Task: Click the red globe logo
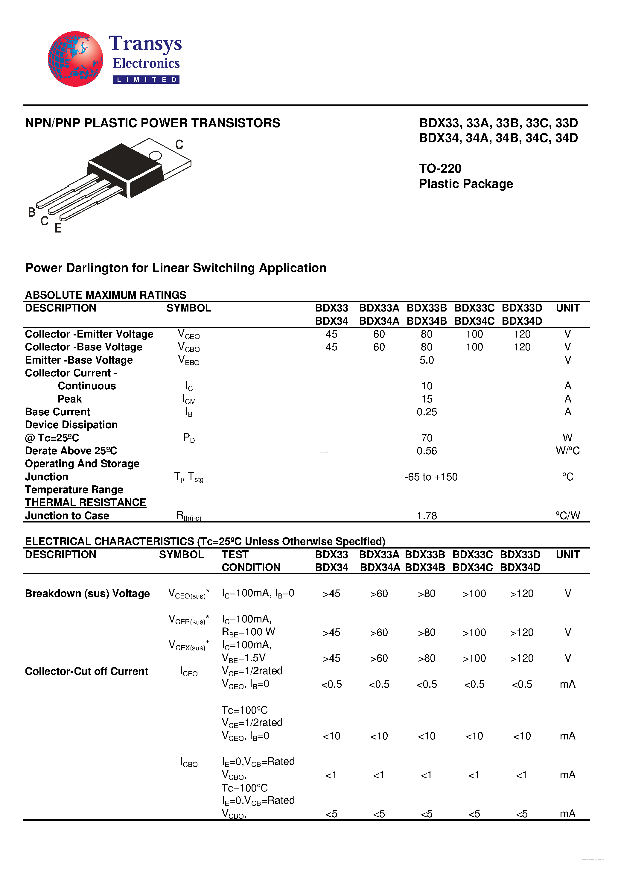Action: pos(75,59)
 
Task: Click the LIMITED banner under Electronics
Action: pos(146,80)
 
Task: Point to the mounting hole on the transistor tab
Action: pos(155,156)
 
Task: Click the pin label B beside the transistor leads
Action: pos(32,212)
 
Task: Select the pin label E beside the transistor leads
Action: pos(58,228)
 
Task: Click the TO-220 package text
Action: pos(440,168)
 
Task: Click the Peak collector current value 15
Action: pos(427,399)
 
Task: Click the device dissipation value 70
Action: pos(427,438)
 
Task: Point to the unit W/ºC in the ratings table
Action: pos(567,451)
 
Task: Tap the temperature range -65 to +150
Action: pos(431,477)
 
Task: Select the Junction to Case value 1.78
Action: pos(427,516)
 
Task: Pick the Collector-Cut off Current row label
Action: pos(86,671)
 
